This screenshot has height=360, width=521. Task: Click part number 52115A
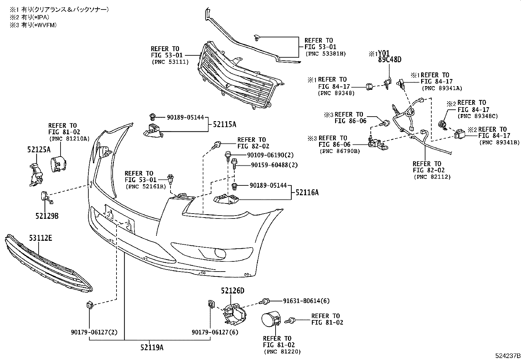pyautogui.click(x=225, y=124)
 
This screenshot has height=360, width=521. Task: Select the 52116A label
pyautogui.click(x=307, y=193)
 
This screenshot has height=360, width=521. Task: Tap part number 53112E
pyautogui.click(x=40, y=238)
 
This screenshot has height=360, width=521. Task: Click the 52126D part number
pyautogui.click(x=232, y=291)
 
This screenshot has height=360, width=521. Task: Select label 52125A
pyautogui.click(x=39, y=150)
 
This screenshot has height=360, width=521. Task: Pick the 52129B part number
pyautogui.click(x=47, y=216)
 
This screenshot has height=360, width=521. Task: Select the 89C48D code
pyautogui.click(x=389, y=60)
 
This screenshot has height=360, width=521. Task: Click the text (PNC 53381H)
pyautogui.click(x=325, y=54)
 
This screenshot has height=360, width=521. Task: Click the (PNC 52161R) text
pyautogui.click(x=145, y=186)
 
